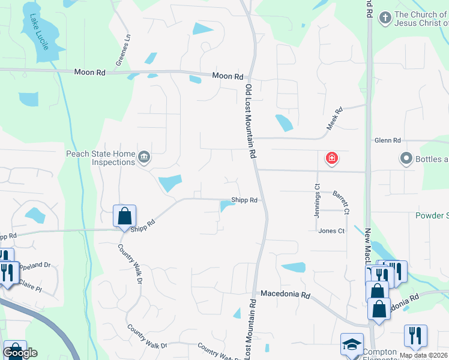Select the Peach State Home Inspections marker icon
pyautogui.click(x=144, y=158)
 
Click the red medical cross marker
pyautogui.click(x=331, y=159)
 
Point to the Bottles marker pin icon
pyautogui.click(x=406, y=159)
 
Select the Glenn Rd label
pyautogui.click(x=387, y=140)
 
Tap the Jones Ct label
pyautogui.click(x=331, y=231)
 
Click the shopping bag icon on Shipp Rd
pyautogui.click(x=124, y=216)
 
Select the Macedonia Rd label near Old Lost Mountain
pyautogui.click(x=285, y=295)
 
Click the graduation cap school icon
pyautogui.click(x=352, y=344)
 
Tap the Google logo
pyautogui.click(x=20, y=353)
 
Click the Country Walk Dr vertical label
pyautogui.click(x=130, y=263)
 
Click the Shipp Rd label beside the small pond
pyautogui.click(x=244, y=200)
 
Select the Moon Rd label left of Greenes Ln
pyautogui.click(x=90, y=72)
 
